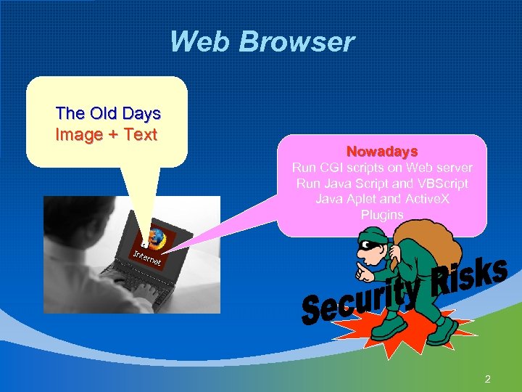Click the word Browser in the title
[297, 42]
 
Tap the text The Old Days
[108, 113]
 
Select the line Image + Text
[106, 134]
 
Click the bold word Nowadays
[382, 152]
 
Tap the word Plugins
[382, 215]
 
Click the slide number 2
[488, 378]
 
